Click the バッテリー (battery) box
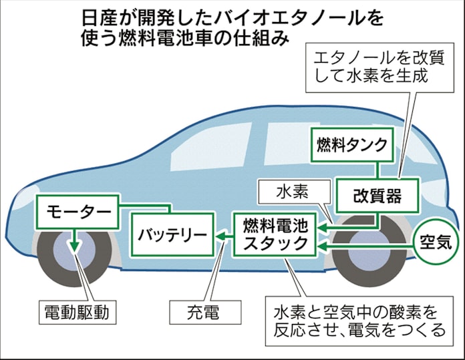[172, 234]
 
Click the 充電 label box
[204, 312]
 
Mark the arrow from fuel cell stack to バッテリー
[224, 234]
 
